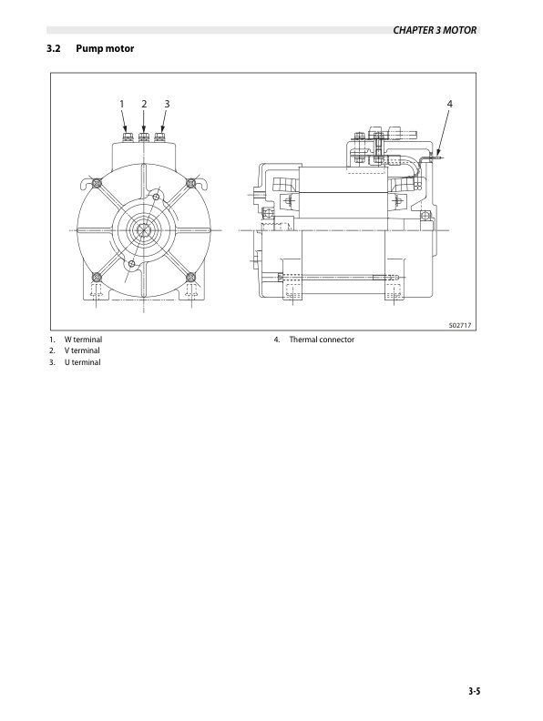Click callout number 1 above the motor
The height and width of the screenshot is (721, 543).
click(122, 105)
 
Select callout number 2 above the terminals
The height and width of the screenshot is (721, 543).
click(144, 105)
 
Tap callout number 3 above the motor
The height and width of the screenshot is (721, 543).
click(166, 105)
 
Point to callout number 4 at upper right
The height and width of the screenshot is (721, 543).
click(449, 105)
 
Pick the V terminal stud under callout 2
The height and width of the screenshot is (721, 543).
click(144, 138)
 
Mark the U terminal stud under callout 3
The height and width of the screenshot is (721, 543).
click(160, 138)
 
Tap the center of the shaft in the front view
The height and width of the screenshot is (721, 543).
click(144, 229)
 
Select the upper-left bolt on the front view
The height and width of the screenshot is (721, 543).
click(97, 183)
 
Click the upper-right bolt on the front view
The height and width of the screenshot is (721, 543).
click(191, 183)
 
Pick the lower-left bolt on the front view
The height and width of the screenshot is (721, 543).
click(97, 277)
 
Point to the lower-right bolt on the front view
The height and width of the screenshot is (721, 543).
click(191, 277)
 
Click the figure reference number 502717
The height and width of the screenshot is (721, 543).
click(461, 324)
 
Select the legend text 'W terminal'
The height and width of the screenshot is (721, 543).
click(82, 340)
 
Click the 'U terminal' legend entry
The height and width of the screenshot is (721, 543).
click(82, 362)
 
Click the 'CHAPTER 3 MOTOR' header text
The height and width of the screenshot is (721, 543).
click(435, 30)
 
